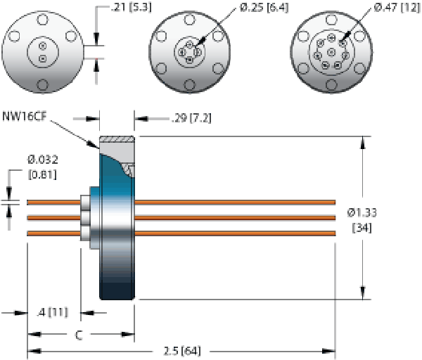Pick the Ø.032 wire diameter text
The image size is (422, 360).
point(43,160)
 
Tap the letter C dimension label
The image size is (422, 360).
point(79,336)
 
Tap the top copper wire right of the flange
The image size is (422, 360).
point(232,202)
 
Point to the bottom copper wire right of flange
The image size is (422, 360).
point(232,233)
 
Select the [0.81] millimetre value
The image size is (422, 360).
point(43,174)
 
